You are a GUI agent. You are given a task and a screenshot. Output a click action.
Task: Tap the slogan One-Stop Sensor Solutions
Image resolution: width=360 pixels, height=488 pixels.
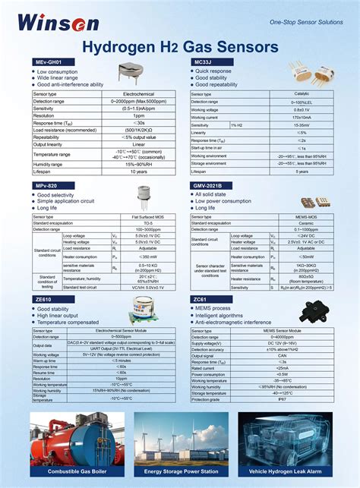click(x=306, y=22)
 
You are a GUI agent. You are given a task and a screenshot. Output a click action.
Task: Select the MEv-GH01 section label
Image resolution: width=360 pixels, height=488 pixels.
click(x=49, y=61)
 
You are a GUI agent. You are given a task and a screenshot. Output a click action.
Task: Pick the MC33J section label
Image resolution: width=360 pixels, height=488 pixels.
click(x=203, y=61)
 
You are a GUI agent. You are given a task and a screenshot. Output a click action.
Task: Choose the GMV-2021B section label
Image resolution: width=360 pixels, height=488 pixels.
click(x=209, y=185)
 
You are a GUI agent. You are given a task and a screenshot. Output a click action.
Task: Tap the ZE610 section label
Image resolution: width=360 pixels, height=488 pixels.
click(x=43, y=300)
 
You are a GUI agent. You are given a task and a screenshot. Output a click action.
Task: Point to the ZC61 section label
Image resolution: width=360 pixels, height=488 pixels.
click(x=201, y=300)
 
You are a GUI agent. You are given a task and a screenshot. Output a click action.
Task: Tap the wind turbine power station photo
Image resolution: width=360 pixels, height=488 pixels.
click(x=180, y=438)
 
